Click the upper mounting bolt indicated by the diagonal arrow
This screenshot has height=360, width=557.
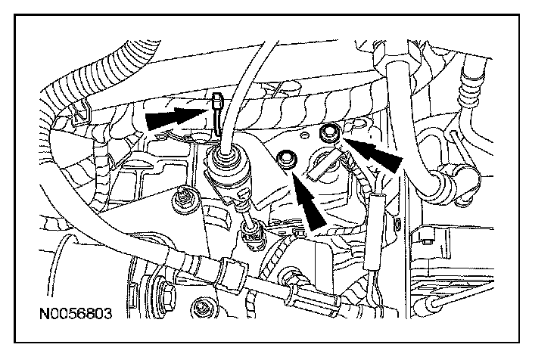coord(328,135)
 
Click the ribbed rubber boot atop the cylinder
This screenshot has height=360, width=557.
coord(225,160)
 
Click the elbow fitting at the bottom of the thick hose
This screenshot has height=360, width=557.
coord(439,185)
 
